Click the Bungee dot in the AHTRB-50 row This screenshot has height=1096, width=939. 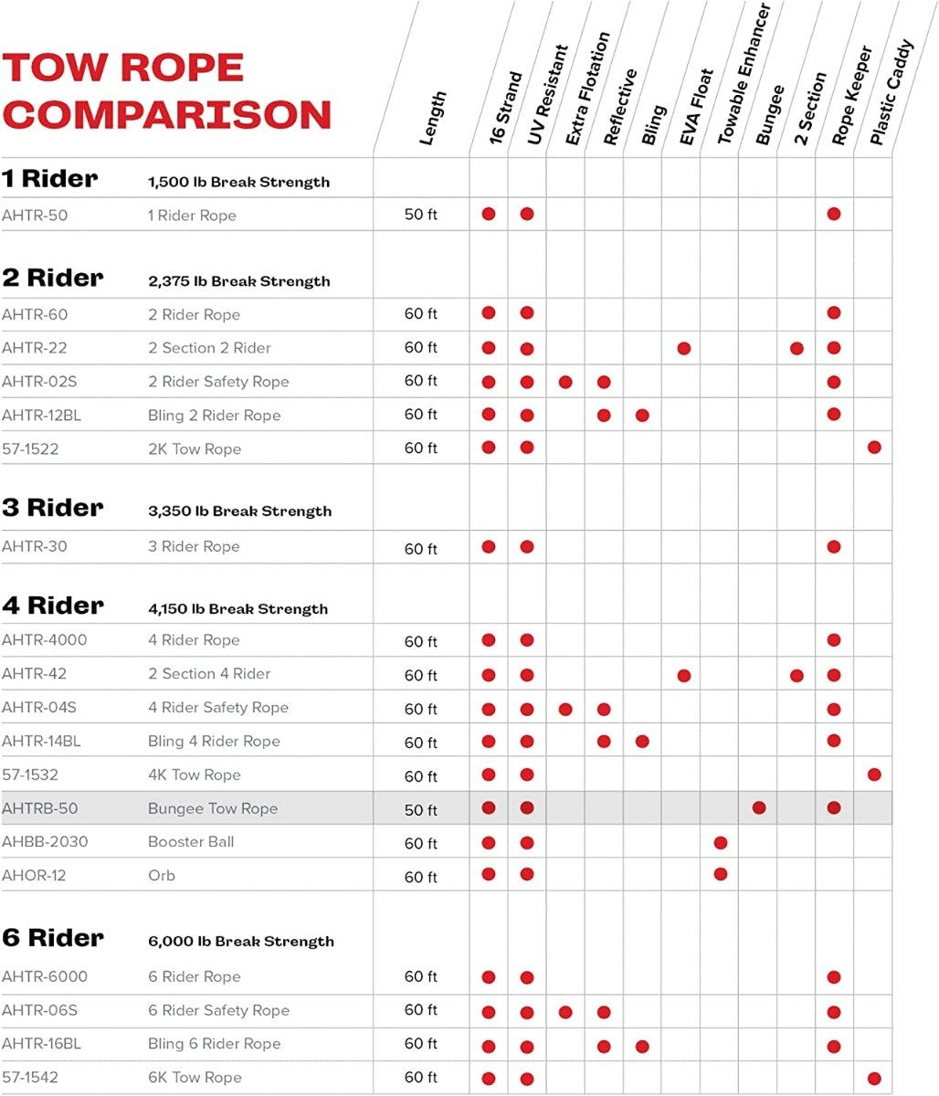(x=759, y=808)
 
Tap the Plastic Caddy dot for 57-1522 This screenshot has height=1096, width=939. (x=874, y=448)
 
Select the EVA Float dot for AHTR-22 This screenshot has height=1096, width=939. (x=683, y=348)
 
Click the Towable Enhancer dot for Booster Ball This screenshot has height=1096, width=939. (x=721, y=842)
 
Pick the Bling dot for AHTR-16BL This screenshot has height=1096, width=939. (x=642, y=1046)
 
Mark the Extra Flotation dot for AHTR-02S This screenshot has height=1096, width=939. (x=565, y=382)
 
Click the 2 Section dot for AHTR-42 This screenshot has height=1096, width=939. (x=797, y=676)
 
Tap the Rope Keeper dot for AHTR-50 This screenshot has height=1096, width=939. (x=834, y=214)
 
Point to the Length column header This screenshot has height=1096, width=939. (x=432, y=118)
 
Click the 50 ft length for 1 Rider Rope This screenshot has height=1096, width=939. (x=420, y=216)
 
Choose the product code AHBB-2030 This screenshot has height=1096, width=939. (x=45, y=841)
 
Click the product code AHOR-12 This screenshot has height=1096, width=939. (x=34, y=875)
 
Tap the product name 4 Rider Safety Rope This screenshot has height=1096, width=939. (x=218, y=707)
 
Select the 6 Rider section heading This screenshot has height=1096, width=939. (x=53, y=938)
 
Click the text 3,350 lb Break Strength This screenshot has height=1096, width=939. (x=239, y=511)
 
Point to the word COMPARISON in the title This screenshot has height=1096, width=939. (x=167, y=115)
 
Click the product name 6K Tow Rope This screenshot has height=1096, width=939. (x=195, y=1077)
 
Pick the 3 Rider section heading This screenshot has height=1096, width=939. (x=53, y=508)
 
